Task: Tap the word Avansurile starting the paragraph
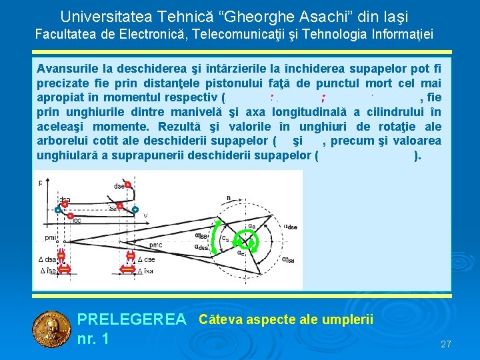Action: pyautogui.click(x=64, y=69)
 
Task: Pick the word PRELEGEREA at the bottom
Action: pyautogui.click(x=132, y=321)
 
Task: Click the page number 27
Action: pyautogui.click(x=446, y=344)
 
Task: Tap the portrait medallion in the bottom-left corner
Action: pyautogui.click(x=51, y=329)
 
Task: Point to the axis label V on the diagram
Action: pyautogui.click(x=145, y=215)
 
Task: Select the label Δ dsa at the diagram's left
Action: pyautogui.click(x=48, y=259)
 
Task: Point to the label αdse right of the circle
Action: pyautogui.click(x=291, y=225)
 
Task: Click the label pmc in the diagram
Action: pyautogui.click(x=155, y=246)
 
